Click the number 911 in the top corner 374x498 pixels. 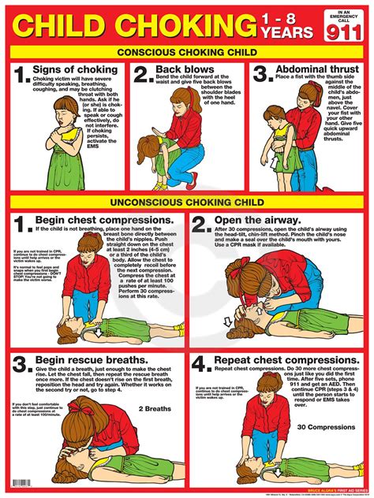[x=344, y=31]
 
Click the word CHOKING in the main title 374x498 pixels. [x=183, y=24]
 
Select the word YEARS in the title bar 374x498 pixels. [x=282, y=32]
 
